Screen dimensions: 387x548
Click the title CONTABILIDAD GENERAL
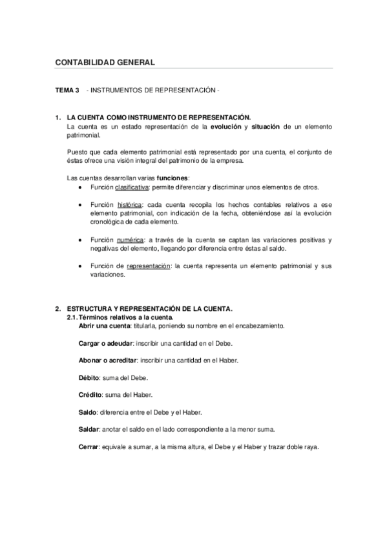point(105,63)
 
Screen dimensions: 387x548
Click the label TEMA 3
point(67,90)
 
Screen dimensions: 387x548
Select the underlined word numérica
point(130,240)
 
